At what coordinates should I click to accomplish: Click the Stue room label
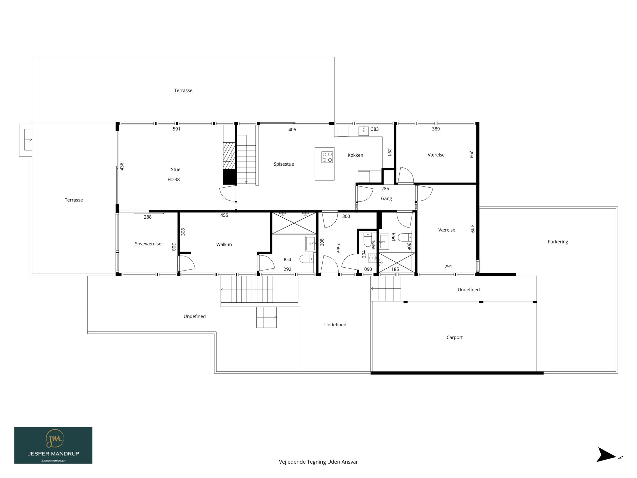[x=175, y=170]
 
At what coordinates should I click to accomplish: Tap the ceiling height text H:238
[x=174, y=179]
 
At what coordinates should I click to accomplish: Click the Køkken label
[x=355, y=155]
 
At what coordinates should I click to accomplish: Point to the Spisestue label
[x=284, y=164]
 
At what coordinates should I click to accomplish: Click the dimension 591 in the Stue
[x=176, y=129]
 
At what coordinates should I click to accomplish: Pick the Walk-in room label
[x=224, y=244]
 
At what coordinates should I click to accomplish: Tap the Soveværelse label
[x=148, y=244]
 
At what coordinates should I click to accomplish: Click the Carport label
[x=454, y=337]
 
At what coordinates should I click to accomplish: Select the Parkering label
[x=558, y=242]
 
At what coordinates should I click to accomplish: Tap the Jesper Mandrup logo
[x=53, y=445]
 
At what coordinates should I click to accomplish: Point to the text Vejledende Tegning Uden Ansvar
[x=318, y=462]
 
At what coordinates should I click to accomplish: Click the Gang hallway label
[x=386, y=199]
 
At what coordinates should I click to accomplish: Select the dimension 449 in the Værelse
[x=473, y=229]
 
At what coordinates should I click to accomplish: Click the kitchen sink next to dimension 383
[x=363, y=131]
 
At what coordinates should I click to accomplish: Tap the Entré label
[x=338, y=248]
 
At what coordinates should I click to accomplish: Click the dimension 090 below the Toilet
[x=368, y=269]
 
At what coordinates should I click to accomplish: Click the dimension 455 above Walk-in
[x=224, y=215]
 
